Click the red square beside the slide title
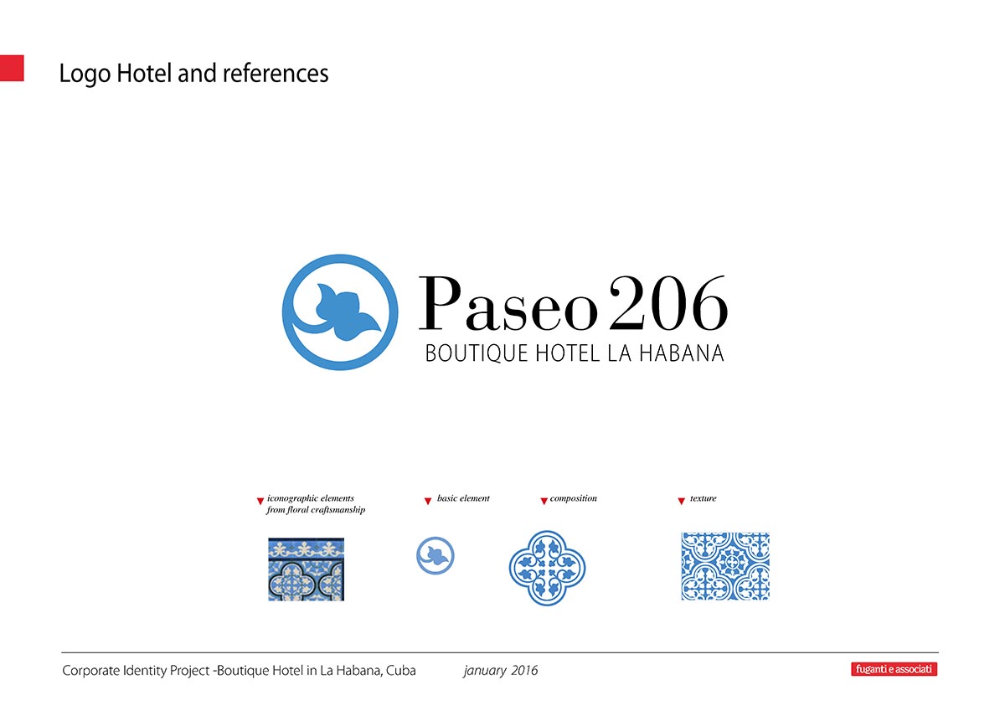pos(12,68)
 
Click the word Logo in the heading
pos(85,74)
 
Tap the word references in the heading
pos(276,73)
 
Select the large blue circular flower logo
pos(340,312)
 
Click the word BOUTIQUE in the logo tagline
pos(476,353)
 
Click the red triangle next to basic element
pos(428,501)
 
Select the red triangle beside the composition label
pos(544,501)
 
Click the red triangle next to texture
pos(681,501)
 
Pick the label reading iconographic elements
pos(311,498)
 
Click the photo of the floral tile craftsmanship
pos(306,569)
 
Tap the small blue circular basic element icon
pos(435,556)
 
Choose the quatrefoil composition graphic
pos(548,568)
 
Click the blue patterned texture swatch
pos(725,566)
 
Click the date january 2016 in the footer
pos(501,671)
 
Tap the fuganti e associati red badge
pos(894,669)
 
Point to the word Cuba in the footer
pos(400,671)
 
